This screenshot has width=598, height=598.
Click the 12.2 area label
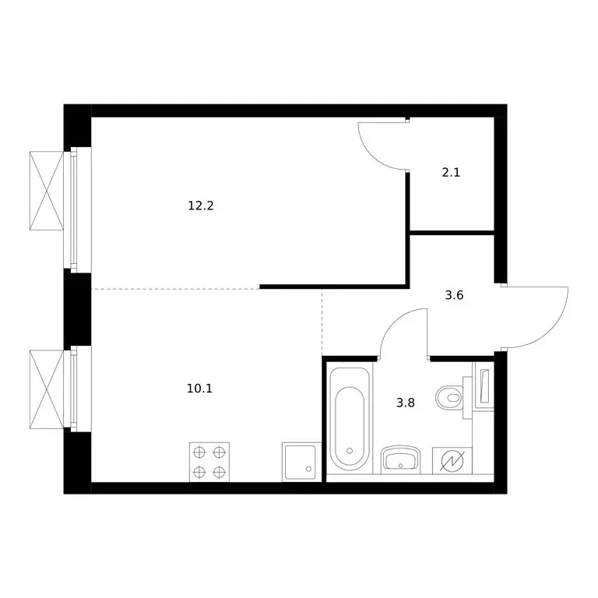[x=201, y=206]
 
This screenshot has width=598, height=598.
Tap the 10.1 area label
[x=199, y=389]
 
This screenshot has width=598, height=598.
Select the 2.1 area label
[x=451, y=173]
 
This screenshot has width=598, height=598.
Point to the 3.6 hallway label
[x=454, y=295]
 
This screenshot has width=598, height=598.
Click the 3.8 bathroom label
[x=406, y=403]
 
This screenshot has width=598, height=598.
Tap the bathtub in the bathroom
[x=350, y=419]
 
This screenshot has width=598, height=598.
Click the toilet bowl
[x=450, y=398]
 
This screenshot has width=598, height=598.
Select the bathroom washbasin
[x=400, y=459]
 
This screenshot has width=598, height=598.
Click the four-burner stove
[x=209, y=463]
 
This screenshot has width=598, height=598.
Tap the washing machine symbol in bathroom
[x=452, y=461]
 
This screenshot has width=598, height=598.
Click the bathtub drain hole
[x=350, y=451]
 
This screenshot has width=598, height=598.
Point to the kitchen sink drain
[x=308, y=469]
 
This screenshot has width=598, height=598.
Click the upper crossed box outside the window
[x=47, y=191]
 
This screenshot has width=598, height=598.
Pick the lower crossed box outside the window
[x=47, y=389]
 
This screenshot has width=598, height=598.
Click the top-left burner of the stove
[x=199, y=452]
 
